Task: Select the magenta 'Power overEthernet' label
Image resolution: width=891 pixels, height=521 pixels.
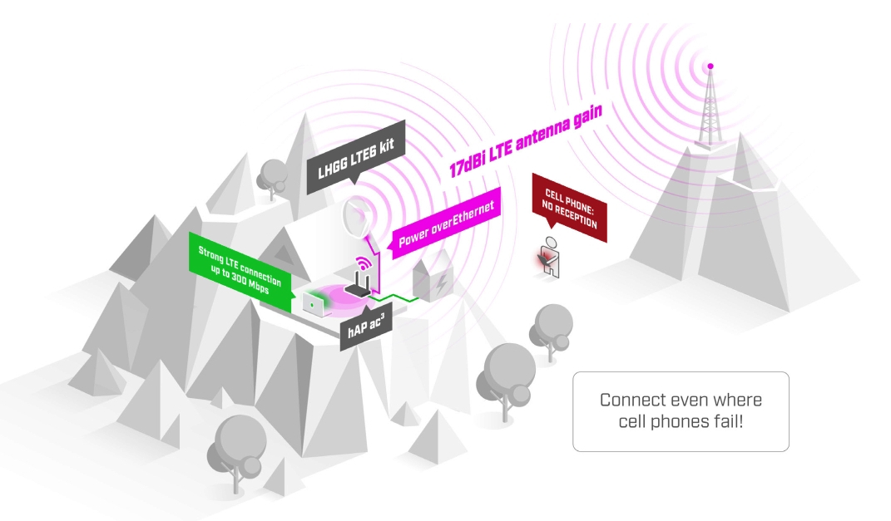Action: tap(446, 224)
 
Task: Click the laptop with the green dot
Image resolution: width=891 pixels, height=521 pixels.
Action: tap(314, 303)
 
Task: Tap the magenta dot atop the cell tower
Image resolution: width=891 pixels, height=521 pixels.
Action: tap(710, 65)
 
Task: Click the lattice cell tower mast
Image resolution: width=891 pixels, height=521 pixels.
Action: tap(709, 108)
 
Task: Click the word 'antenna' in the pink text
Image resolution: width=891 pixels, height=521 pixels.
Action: tap(545, 128)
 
